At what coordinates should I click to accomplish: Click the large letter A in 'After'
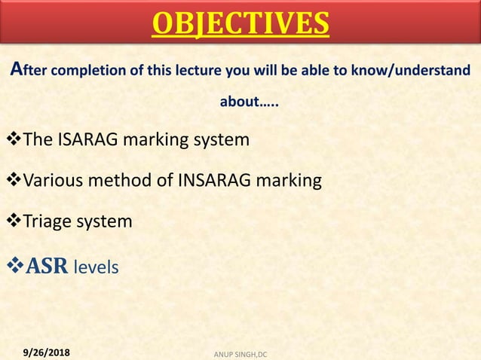(20, 70)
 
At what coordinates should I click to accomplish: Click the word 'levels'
(96, 267)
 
